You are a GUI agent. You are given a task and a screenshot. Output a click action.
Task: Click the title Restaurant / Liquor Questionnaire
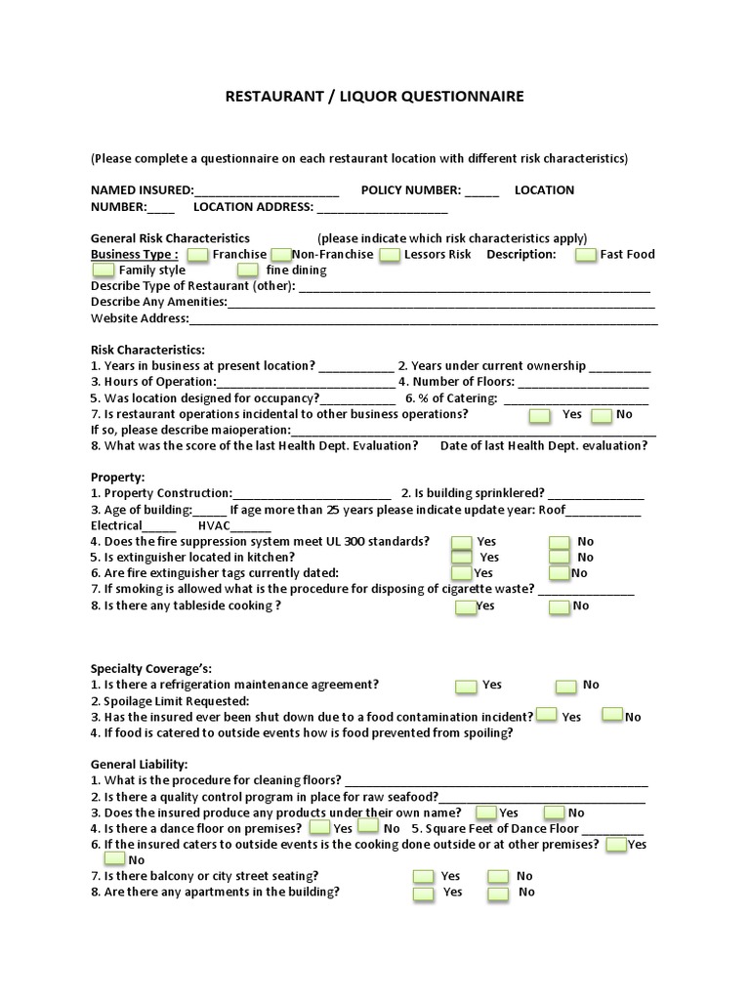(375, 96)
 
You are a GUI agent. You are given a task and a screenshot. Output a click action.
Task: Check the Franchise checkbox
(197, 255)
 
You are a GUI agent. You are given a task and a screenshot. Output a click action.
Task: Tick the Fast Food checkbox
(586, 255)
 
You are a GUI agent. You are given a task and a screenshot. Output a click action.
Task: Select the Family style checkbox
(103, 271)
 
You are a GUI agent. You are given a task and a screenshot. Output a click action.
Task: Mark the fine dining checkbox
(248, 271)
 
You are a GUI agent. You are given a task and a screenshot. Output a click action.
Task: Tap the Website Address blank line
(423, 318)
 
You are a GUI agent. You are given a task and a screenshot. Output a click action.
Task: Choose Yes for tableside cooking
(466, 606)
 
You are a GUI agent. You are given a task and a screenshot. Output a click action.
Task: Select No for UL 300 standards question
(559, 542)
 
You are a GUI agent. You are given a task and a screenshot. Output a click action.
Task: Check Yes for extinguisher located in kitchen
(462, 558)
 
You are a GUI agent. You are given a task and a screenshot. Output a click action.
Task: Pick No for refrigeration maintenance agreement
(566, 686)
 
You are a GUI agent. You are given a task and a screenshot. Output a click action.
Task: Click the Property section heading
(117, 478)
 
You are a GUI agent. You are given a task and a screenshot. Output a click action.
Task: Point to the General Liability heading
(140, 764)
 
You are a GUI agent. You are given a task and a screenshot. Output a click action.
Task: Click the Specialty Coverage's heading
(150, 669)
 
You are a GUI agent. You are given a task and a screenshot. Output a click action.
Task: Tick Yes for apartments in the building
(423, 893)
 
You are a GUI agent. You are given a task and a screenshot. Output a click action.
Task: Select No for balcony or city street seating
(498, 877)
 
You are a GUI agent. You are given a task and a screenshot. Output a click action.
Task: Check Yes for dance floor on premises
(316, 828)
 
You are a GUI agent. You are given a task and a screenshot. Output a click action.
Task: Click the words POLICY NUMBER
(410, 190)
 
